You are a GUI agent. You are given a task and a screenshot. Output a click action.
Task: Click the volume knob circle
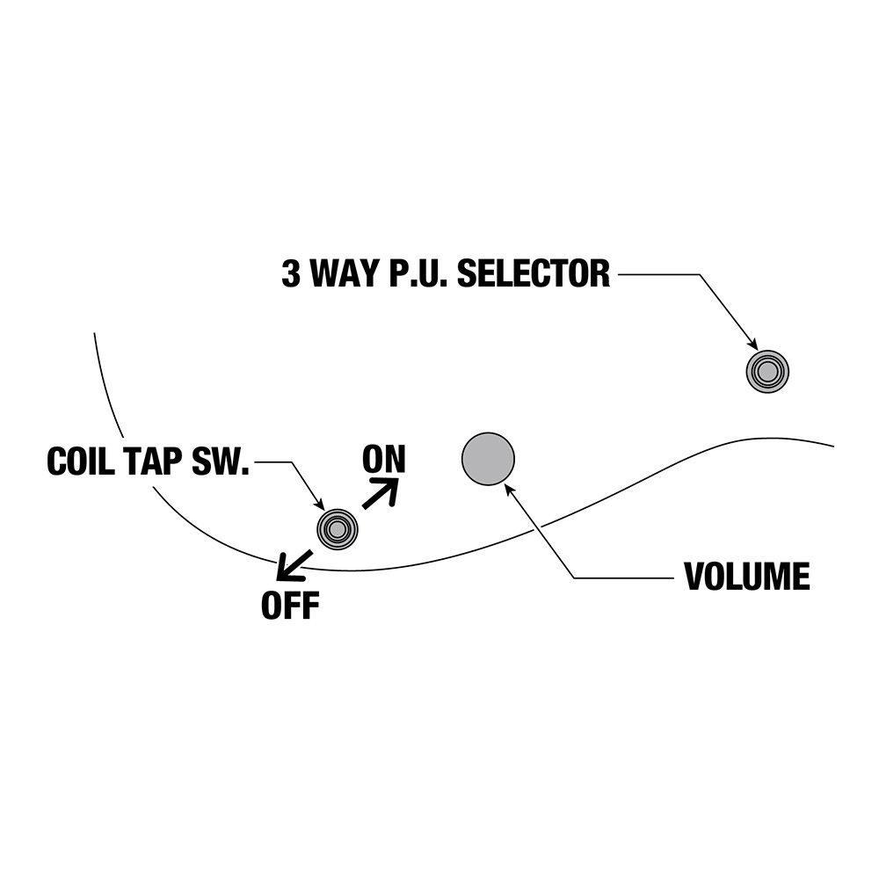tap(488, 458)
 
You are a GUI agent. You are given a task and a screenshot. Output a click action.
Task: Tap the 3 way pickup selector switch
tap(767, 372)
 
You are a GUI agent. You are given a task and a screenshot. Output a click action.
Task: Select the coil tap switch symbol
tap(338, 529)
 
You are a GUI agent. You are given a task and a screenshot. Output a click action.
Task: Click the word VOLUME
tap(746, 578)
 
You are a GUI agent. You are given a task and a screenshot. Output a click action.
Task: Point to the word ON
tap(384, 459)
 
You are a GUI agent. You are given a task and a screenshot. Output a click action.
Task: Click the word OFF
tap(289, 606)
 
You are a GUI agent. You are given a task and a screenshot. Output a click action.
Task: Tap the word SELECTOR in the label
tap(534, 274)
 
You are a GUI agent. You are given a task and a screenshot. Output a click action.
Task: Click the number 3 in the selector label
tap(290, 274)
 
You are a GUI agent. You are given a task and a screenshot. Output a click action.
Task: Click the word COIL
tap(82, 462)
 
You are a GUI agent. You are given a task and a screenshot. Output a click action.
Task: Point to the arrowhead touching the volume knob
tap(509, 489)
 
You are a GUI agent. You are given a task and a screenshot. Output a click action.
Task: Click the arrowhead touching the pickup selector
tap(752, 345)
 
